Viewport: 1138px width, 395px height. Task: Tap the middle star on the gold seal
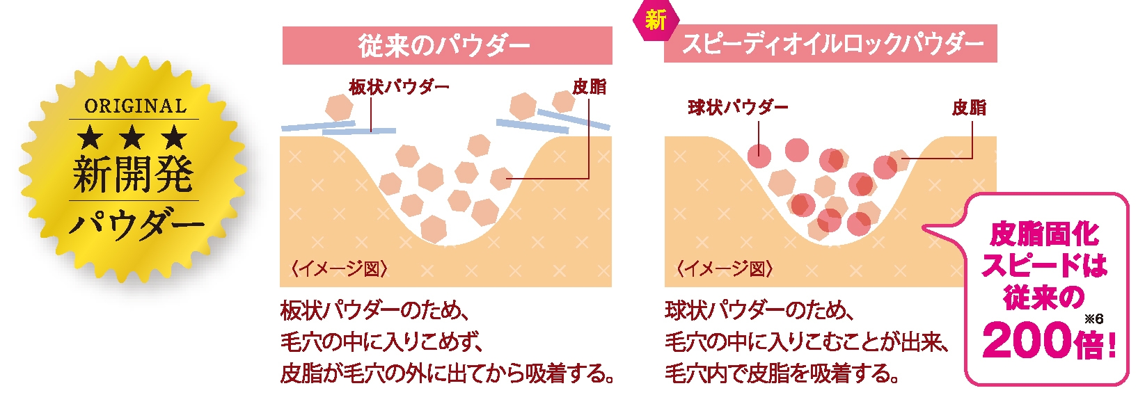pyautogui.click(x=133, y=137)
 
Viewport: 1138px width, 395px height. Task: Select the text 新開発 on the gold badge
pyautogui.click(x=133, y=173)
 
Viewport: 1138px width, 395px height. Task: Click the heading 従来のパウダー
pyautogui.click(x=445, y=46)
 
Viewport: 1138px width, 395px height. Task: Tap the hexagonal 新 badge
pyautogui.click(x=655, y=19)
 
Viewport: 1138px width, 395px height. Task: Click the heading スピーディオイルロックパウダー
pyautogui.click(x=832, y=44)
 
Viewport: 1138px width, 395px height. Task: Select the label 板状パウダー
pyautogui.click(x=399, y=87)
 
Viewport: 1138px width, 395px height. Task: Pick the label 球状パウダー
pyautogui.click(x=738, y=107)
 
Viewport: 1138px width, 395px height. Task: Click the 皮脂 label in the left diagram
pyautogui.click(x=589, y=87)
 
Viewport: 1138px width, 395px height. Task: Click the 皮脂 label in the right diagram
pyautogui.click(x=969, y=107)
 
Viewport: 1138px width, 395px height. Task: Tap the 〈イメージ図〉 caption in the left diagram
pyautogui.click(x=339, y=268)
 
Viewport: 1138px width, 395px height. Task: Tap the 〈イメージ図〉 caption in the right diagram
pyautogui.click(x=725, y=268)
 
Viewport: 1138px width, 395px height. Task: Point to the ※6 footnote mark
pyautogui.click(x=1093, y=319)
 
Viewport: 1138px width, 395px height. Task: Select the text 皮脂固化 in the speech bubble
pyautogui.click(x=1044, y=234)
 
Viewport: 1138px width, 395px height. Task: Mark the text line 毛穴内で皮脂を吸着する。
pyautogui.click(x=782, y=373)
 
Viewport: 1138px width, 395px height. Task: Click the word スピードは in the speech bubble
pyautogui.click(x=1044, y=266)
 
